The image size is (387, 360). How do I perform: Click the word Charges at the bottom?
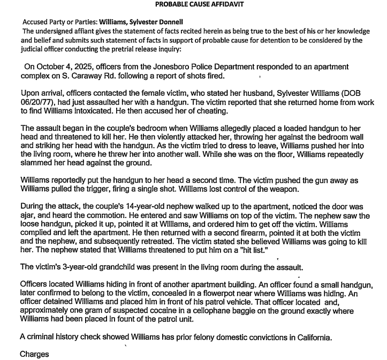coord(35,354)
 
